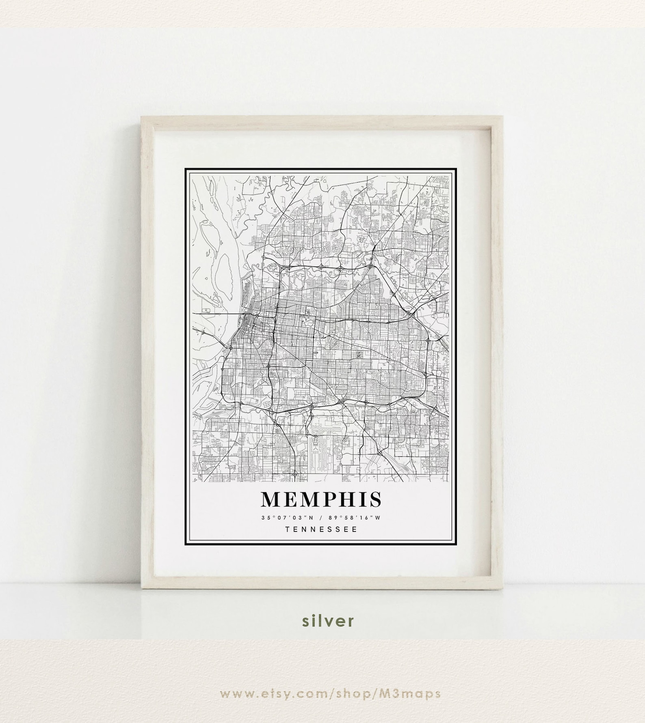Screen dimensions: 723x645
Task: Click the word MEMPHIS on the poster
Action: (321, 500)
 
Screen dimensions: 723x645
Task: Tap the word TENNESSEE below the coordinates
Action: (321, 529)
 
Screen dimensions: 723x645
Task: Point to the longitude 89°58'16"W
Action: (357, 517)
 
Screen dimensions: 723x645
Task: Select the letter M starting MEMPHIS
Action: (271, 500)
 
